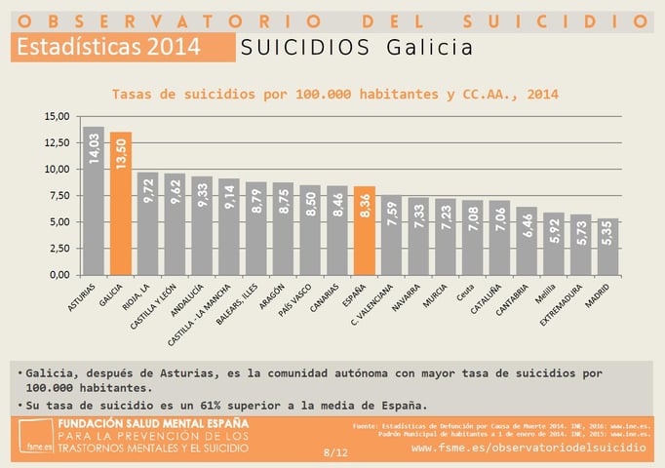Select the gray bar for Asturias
(94, 200)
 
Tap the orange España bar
(363, 230)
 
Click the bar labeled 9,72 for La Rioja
(147, 223)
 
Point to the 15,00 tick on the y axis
(57, 116)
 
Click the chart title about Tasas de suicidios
(334, 95)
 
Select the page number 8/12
(334, 452)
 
